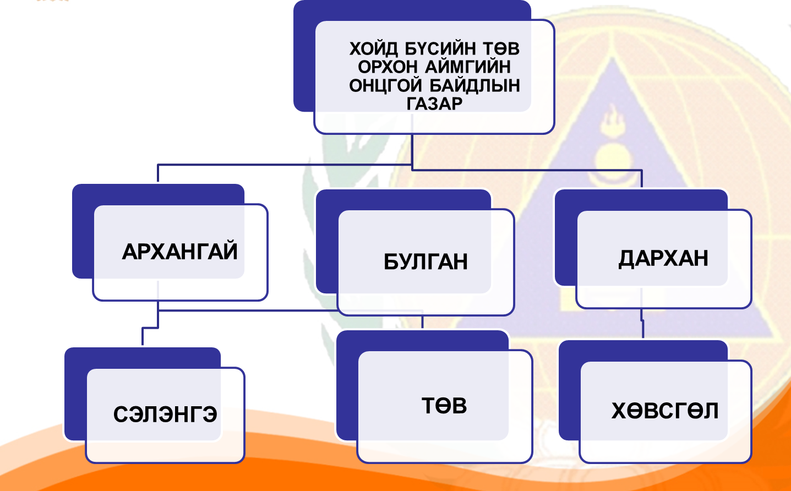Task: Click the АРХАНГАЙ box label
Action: (x=179, y=252)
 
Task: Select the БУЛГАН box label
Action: (x=425, y=261)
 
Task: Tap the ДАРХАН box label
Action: (x=663, y=258)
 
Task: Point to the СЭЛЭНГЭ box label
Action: (x=165, y=414)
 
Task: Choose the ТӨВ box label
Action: (x=444, y=406)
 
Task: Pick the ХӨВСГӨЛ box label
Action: (x=665, y=411)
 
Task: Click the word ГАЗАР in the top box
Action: (x=434, y=103)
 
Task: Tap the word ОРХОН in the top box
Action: (x=388, y=67)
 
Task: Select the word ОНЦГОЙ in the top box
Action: (x=385, y=85)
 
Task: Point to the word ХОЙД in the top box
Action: (x=373, y=48)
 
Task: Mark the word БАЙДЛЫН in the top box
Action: (x=474, y=85)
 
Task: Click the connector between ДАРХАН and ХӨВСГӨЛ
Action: (x=642, y=324)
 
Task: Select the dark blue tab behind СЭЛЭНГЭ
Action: (x=75, y=394)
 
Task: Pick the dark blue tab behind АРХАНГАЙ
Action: (x=83, y=231)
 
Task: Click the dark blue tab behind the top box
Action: (x=304, y=55)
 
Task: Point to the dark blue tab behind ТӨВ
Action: (x=347, y=385)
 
